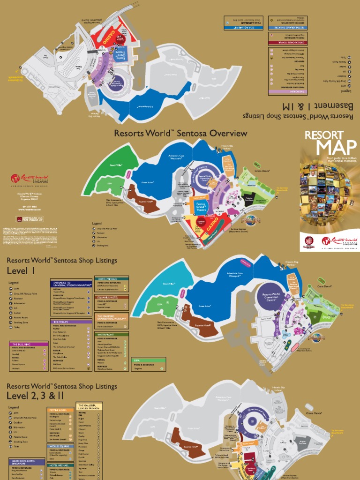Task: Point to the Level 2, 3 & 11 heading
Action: (x=35, y=397)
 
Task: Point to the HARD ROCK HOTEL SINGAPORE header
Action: (x=27, y=463)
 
